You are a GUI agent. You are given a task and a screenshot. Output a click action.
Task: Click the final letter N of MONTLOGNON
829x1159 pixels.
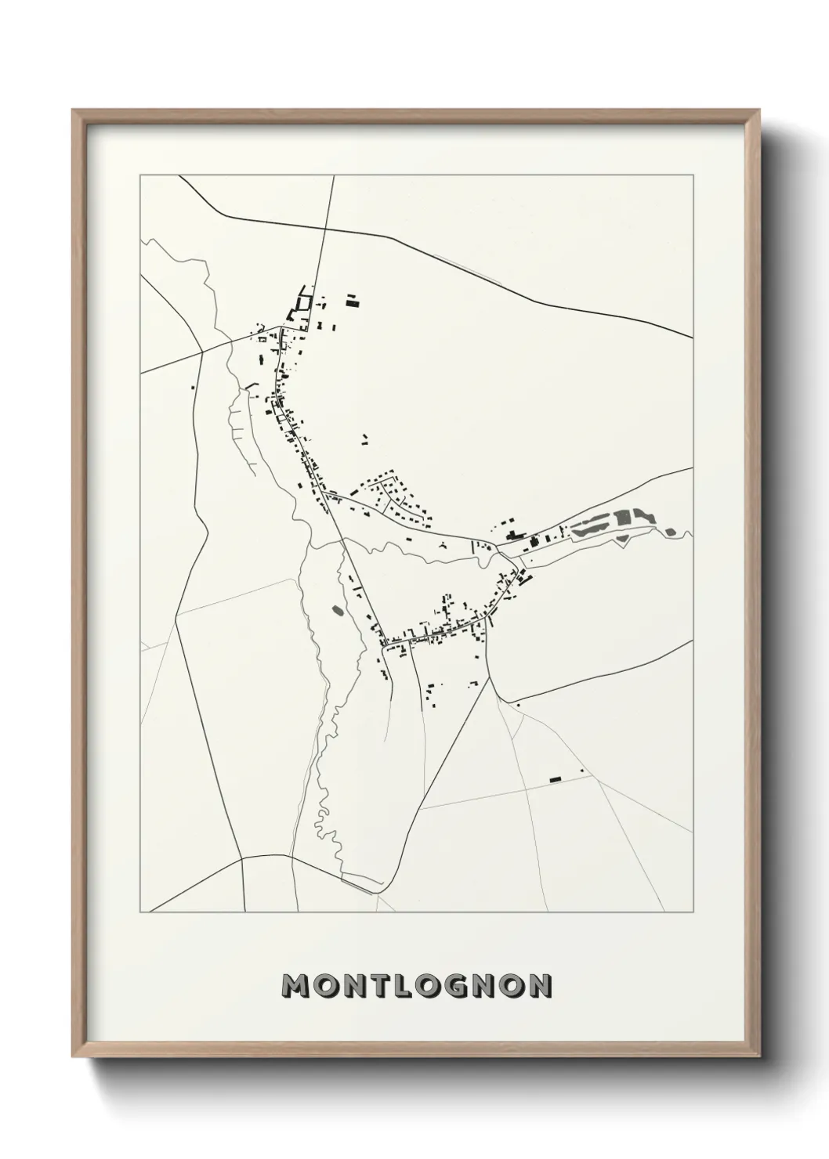[540, 986]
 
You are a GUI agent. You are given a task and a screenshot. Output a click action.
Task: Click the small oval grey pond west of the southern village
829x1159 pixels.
[338, 609]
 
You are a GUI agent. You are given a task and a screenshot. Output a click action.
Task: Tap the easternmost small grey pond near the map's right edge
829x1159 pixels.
[669, 533]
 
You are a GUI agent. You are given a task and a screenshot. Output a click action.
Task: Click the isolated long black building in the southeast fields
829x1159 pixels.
[556, 778]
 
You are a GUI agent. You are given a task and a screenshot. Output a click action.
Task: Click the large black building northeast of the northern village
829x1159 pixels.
[353, 299]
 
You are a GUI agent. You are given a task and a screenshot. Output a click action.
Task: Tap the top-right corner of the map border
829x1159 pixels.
[693, 175]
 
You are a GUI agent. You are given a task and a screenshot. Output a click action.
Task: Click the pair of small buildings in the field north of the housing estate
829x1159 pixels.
[364, 440]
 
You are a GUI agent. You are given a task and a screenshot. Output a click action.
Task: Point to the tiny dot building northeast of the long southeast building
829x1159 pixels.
[582, 771]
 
